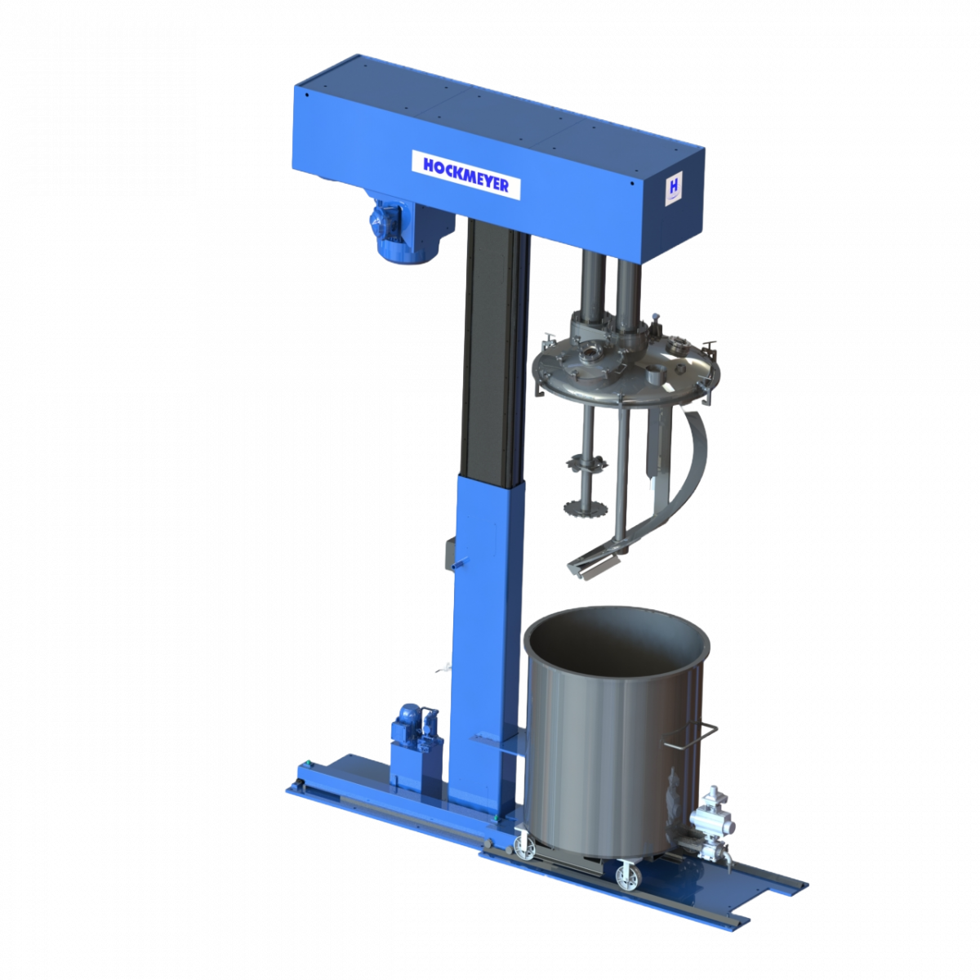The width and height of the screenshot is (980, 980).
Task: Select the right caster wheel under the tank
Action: click(x=627, y=877)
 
